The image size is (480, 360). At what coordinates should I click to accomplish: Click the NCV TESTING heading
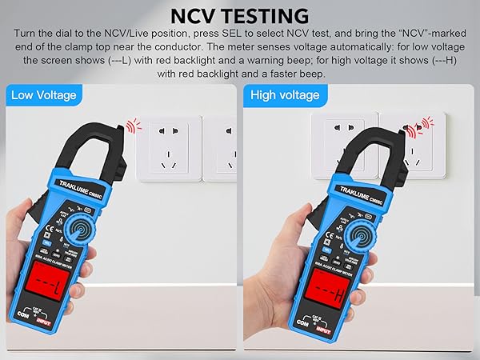click(x=240, y=15)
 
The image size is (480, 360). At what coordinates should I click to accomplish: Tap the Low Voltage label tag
click(x=44, y=95)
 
